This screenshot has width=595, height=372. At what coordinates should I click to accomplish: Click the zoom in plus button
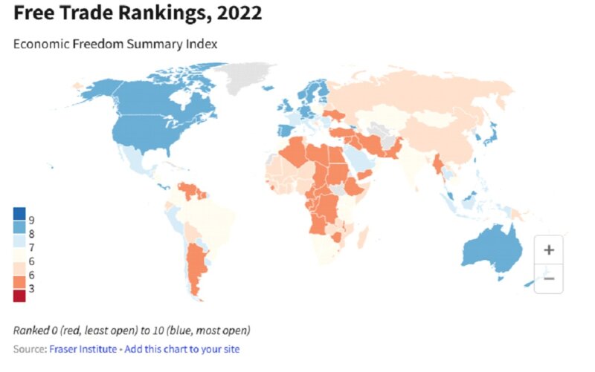coord(549,250)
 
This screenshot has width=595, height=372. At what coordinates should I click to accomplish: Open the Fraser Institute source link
coord(83,349)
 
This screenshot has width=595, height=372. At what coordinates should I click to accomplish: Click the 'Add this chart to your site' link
coord(181,349)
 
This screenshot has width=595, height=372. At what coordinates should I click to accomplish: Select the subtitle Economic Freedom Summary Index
coord(115,44)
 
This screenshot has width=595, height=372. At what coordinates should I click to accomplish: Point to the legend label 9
coord(31,221)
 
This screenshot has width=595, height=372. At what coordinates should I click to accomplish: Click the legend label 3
coord(31,288)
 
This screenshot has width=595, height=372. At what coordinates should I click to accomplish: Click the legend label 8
coord(31,234)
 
